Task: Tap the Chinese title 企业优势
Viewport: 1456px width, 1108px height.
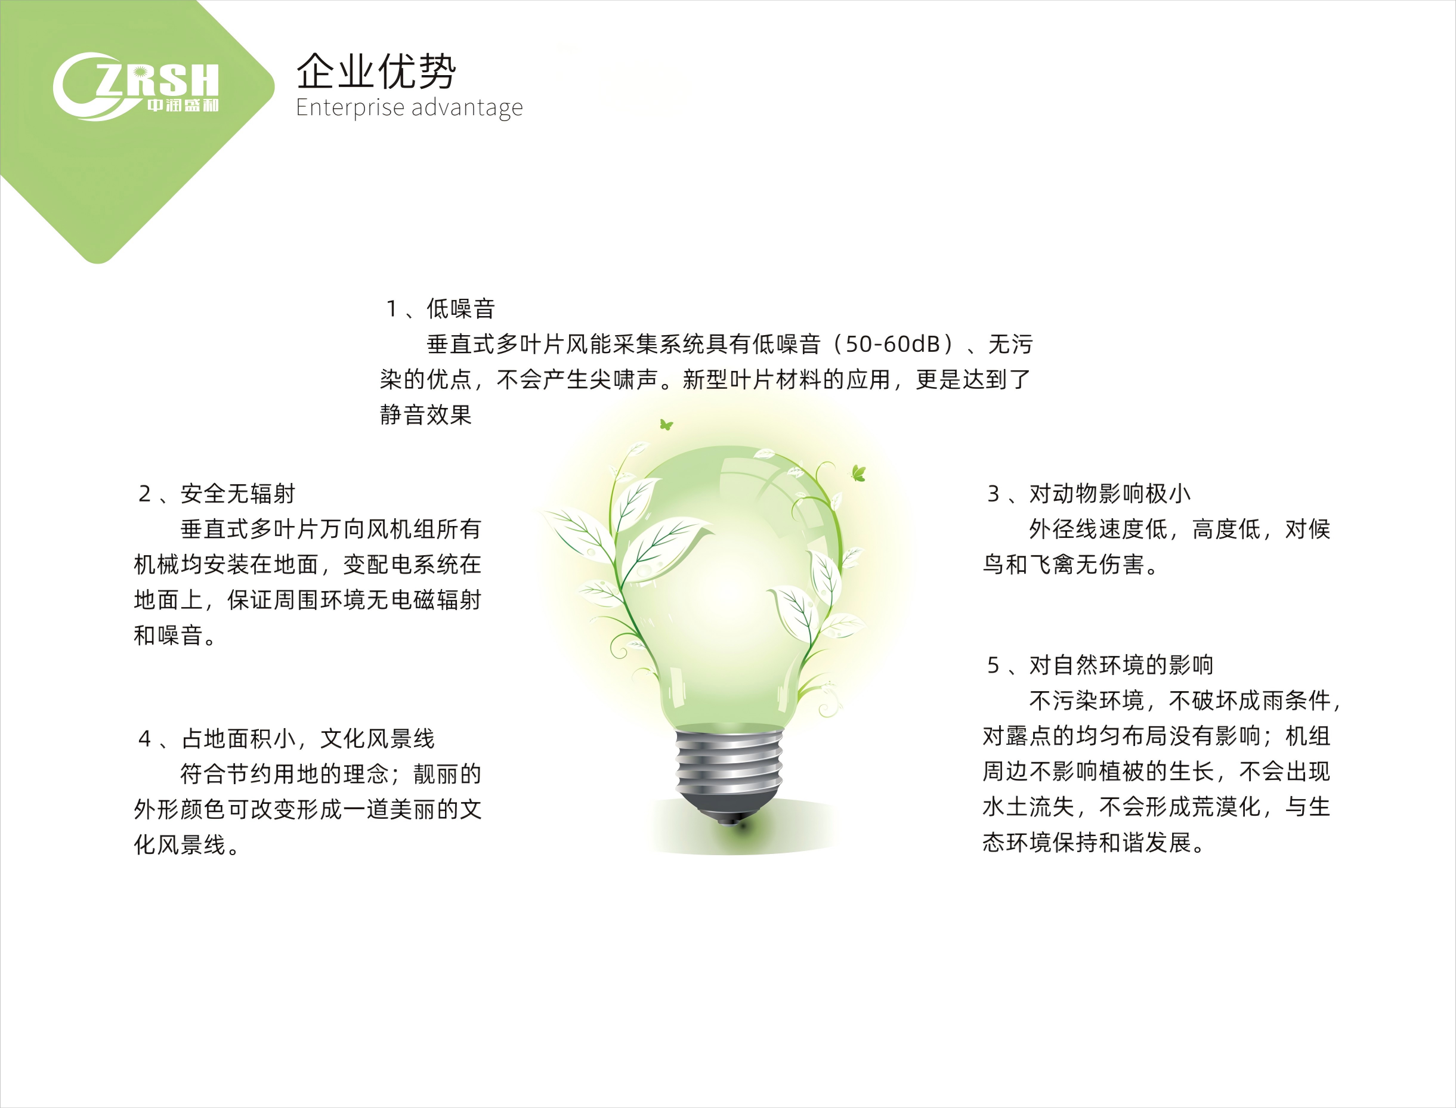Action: [x=375, y=71]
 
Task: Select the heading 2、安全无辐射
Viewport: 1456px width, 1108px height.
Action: [x=217, y=493]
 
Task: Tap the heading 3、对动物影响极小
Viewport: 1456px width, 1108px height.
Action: [x=1089, y=493]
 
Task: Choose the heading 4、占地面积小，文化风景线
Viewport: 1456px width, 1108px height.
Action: [x=286, y=739]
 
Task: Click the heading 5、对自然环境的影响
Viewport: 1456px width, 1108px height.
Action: [x=1100, y=665]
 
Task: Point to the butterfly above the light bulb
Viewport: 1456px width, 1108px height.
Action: [x=666, y=425]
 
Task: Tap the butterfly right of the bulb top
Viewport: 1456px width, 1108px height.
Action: [x=858, y=472]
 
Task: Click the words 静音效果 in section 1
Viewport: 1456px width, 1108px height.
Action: [x=425, y=415]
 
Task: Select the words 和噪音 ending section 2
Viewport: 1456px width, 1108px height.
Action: [x=168, y=635]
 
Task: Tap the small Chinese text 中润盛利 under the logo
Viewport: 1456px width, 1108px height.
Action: [x=183, y=106]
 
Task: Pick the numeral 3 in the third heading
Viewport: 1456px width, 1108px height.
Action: [x=993, y=493]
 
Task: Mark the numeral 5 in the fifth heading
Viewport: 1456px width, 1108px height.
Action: [x=993, y=665]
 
